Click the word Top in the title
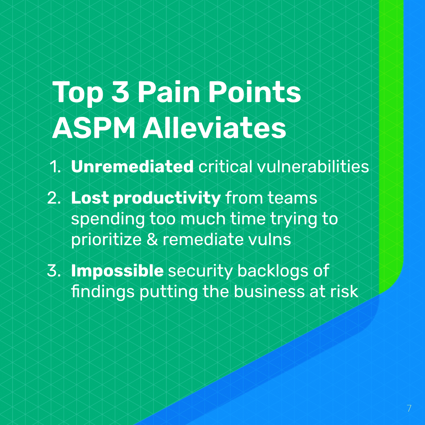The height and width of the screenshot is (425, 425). click(x=78, y=93)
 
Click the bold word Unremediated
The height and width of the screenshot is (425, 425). click(x=132, y=166)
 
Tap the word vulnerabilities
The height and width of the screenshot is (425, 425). click(x=313, y=166)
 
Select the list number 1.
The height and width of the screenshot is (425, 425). click(x=55, y=167)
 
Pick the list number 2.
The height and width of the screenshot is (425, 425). click(x=54, y=198)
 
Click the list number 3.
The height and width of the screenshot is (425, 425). click(x=54, y=271)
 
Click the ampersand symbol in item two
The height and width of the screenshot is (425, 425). click(x=152, y=240)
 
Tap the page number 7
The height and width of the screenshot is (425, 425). click(x=409, y=408)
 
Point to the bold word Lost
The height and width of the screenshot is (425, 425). click(x=90, y=198)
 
